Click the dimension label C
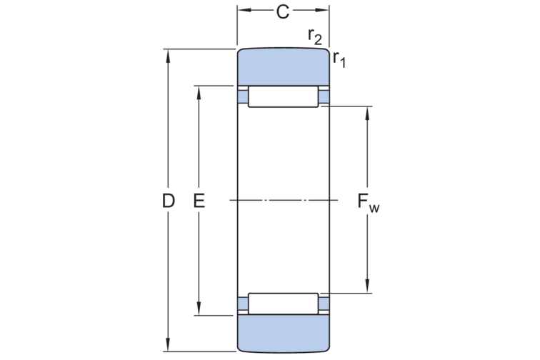pos(283,11)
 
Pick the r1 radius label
pos(339,59)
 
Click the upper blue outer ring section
pos(283,69)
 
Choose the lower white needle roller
pos(283,303)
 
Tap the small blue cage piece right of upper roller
pos(324,96)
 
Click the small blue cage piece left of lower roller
pos(243,304)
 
